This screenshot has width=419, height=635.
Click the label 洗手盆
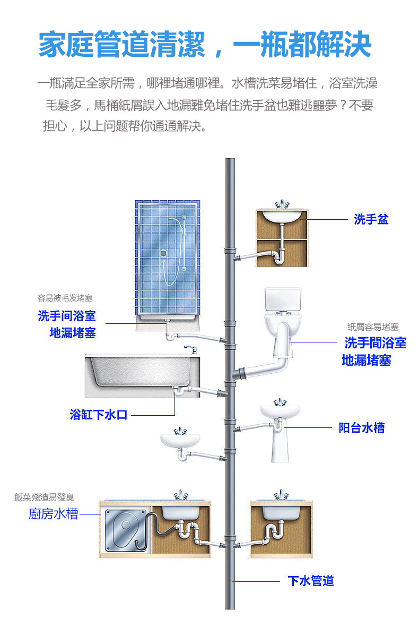pyautogui.click(x=371, y=219)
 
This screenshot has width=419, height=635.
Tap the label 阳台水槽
pyautogui.click(x=362, y=428)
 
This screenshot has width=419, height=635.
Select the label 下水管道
pyautogui.click(x=311, y=581)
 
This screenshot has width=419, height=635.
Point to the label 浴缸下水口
pyautogui.click(x=99, y=415)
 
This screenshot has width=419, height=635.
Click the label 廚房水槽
pyautogui.click(x=53, y=514)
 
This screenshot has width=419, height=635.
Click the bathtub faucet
pyautogui.click(x=190, y=348)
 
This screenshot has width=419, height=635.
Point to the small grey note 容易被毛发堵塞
pyautogui.click(x=61, y=298)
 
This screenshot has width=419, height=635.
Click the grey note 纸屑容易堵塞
pyautogui.click(x=373, y=327)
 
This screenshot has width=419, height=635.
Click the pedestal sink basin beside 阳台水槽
pyautogui.click(x=280, y=412)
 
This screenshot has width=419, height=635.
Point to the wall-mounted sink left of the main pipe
pyautogui.click(x=180, y=440)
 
